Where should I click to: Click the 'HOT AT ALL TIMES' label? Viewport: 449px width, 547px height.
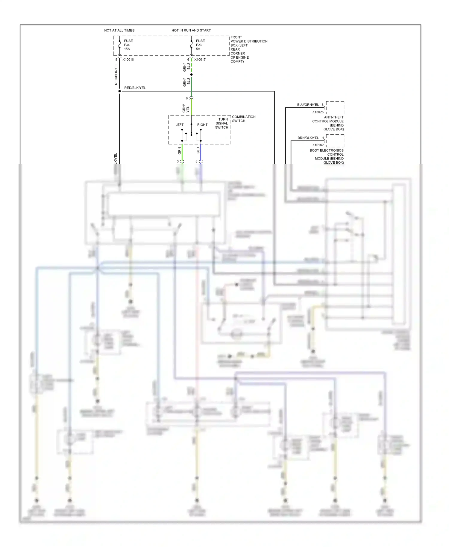click(x=119, y=30)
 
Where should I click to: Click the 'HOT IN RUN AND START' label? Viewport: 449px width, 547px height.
click(x=191, y=30)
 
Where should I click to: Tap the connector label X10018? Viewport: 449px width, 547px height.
click(x=128, y=60)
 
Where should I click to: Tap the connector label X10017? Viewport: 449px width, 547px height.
click(x=200, y=60)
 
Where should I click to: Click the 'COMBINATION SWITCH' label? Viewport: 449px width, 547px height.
click(x=244, y=119)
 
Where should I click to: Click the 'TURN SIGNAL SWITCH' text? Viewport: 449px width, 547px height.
click(x=222, y=123)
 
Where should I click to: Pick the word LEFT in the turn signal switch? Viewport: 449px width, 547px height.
click(x=180, y=125)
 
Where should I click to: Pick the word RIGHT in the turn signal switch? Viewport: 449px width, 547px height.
click(x=202, y=125)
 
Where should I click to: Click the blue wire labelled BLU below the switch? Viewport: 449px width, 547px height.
click(x=201, y=153)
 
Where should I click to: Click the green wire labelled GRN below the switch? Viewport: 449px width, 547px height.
click(x=182, y=153)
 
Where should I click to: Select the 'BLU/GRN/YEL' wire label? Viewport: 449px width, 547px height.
click(x=308, y=105)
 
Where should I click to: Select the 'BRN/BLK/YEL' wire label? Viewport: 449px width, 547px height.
click(x=308, y=138)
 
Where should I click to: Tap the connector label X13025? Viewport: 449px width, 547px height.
click(x=318, y=112)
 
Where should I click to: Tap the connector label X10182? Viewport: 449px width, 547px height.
click(x=318, y=145)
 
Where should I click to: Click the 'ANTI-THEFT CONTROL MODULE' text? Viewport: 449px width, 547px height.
click(x=328, y=123)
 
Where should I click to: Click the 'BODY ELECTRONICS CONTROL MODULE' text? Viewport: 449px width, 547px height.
click(x=327, y=156)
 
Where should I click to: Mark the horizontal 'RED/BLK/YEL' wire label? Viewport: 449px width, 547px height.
click(x=135, y=88)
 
